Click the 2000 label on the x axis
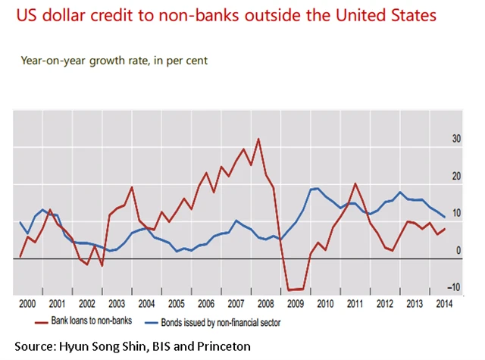27,304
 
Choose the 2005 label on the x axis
176,304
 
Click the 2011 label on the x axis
355,304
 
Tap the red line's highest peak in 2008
258,139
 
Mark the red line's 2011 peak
355,183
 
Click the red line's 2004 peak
132,187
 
